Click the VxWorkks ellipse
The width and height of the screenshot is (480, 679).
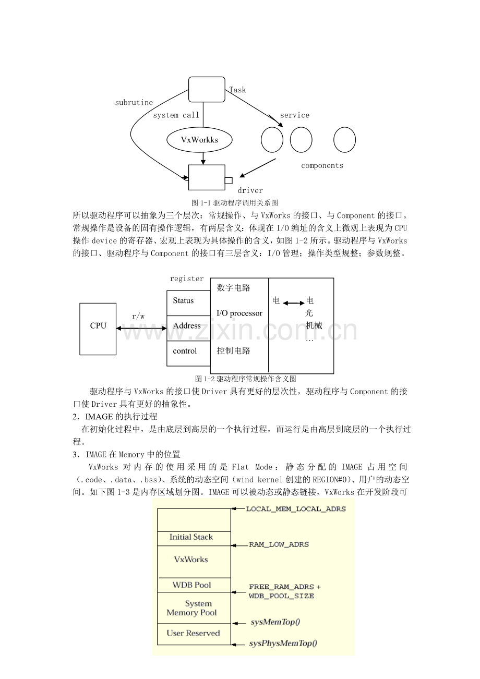coord(199,140)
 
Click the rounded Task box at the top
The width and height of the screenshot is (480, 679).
coord(207,89)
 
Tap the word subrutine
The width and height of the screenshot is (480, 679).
coord(134,103)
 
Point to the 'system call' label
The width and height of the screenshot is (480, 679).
coord(176,115)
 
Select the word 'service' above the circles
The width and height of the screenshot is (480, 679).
coord(295,115)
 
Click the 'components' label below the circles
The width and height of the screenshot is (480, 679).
coord(322,165)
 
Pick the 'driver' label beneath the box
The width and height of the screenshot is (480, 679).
coord(250,190)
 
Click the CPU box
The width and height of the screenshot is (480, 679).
coord(98,329)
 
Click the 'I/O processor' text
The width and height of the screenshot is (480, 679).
coord(239,313)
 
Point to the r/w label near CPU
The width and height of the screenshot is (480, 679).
coord(138,316)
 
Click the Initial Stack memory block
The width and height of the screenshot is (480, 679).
coord(191,537)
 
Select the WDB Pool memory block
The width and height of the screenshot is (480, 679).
coord(191,585)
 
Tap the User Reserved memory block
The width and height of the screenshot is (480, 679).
coord(193,634)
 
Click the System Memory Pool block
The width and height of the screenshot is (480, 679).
coord(192,608)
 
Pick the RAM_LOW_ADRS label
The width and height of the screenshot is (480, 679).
coord(279,544)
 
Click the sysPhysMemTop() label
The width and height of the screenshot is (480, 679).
coord(283,644)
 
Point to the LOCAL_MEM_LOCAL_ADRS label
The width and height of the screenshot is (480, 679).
coord(296,508)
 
